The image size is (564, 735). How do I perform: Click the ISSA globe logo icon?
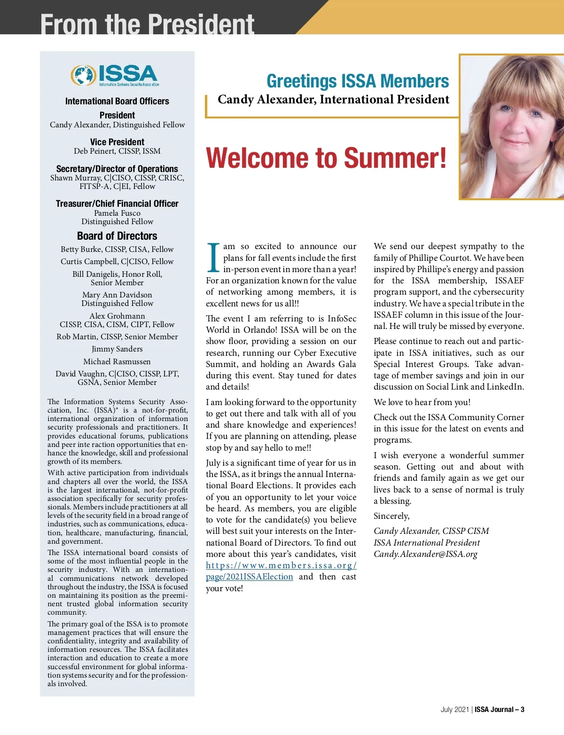pos(83,75)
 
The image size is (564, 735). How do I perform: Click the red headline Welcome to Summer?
pos(326,158)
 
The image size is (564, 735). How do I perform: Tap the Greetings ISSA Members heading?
pos(357,81)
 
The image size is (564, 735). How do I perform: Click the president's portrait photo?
pos(511,127)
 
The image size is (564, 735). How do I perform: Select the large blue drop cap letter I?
pos(213,258)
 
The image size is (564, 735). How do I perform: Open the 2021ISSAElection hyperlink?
pos(249,577)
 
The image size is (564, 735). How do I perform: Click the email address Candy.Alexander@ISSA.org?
pos(425,554)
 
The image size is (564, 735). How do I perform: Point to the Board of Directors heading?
pos(117,236)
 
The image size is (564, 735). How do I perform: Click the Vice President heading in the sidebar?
pos(117,142)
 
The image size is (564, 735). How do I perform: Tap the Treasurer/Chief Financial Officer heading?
pos(117,203)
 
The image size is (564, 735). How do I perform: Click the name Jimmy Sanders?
pos(117,349)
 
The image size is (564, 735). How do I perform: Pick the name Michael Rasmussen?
pos(117,362)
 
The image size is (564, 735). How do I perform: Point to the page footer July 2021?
pos(454,710)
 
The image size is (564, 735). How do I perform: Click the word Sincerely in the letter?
pos(391,516)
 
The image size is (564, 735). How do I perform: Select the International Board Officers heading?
pos(117,101)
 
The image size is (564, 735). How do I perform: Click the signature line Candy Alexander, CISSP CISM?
pos(431,531)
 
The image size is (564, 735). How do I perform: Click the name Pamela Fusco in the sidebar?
pos(117,213)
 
